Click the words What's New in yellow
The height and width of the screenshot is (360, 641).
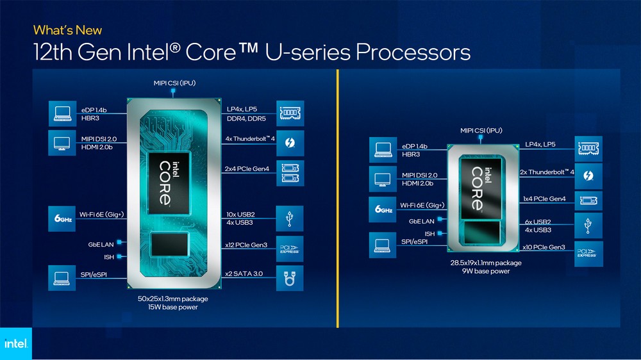pos(67,30)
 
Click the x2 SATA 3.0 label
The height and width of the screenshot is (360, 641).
pos(244,274)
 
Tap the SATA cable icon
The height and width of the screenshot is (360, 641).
pos(290,278)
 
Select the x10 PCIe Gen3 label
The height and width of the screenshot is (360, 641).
pos(544,247)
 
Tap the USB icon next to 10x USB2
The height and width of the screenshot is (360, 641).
pos(290,219)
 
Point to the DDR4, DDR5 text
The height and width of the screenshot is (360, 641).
pos(247,119)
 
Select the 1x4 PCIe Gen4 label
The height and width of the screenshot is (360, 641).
pos(544,199)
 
